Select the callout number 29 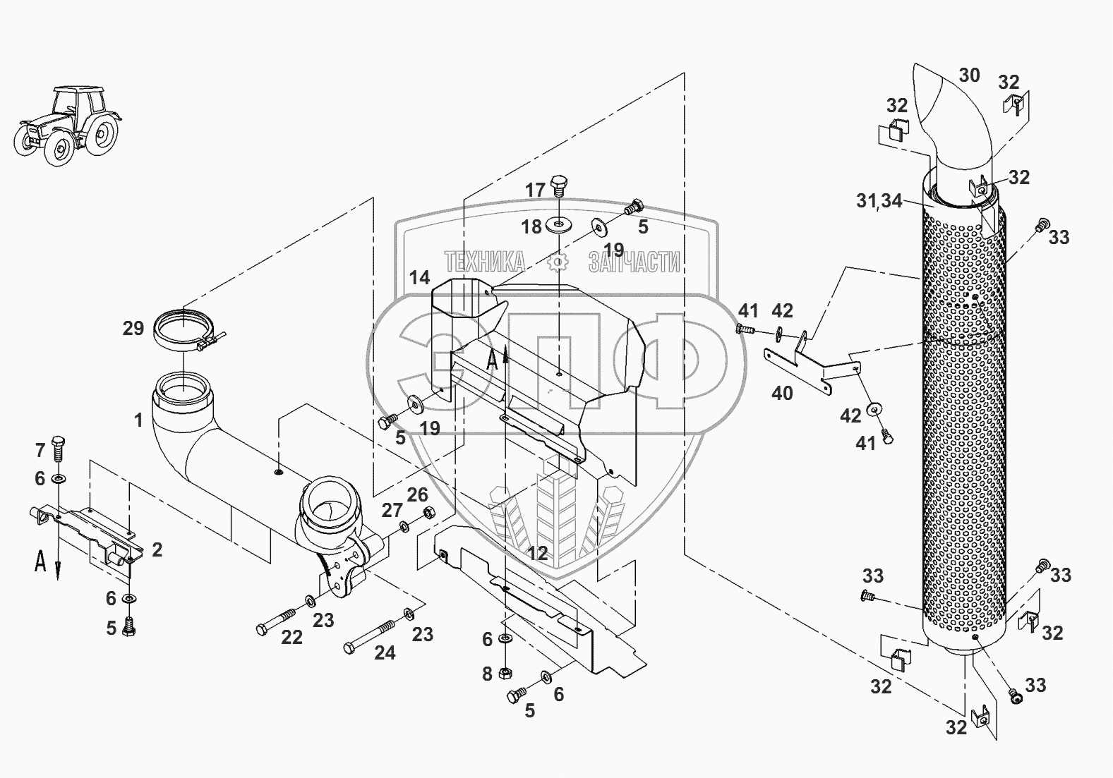(133, 328)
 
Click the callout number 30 (969, 75)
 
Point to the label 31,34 (879, 201)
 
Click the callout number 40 (782, 393)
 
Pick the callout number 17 (535, 190)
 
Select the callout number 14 (419, 277)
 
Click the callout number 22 (291, 638)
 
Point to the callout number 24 (384, 653)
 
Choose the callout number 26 (417, 494)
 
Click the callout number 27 (392, 511)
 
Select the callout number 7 (40, 449)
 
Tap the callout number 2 (157, 549)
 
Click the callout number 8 (487, 674)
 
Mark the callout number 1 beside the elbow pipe (138, 420)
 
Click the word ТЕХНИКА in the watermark (485, 262)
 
